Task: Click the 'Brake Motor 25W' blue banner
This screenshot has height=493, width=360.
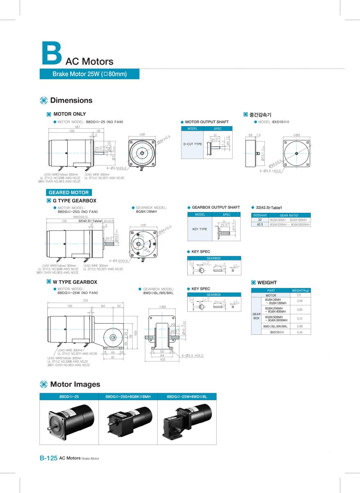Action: point(89,74)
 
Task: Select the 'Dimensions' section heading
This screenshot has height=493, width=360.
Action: point(71,100)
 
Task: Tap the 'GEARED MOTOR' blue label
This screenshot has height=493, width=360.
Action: point(69,192)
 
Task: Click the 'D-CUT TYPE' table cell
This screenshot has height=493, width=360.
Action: point(193,144)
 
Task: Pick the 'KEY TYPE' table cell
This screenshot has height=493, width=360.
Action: point(200,229)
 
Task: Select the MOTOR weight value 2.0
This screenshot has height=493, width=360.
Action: point(298,295)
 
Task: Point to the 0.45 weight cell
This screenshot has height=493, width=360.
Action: point(300,332)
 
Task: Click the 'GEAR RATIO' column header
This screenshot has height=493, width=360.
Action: point(289,215)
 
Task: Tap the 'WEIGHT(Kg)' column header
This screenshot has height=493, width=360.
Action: point(300,290)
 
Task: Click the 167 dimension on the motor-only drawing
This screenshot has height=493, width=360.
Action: point(78,127)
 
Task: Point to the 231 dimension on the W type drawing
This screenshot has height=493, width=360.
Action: point(86,301)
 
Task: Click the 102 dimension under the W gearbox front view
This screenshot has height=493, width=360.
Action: point(163,360)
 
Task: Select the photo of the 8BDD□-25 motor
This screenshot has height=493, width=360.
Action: point(70,421)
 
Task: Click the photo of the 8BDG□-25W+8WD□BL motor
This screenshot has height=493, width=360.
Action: point(187,421)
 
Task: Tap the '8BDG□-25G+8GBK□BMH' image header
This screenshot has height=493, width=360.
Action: point(128,397)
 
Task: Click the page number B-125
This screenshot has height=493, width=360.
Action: point(48,458)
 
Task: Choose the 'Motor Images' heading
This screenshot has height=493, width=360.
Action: point(75,384)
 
